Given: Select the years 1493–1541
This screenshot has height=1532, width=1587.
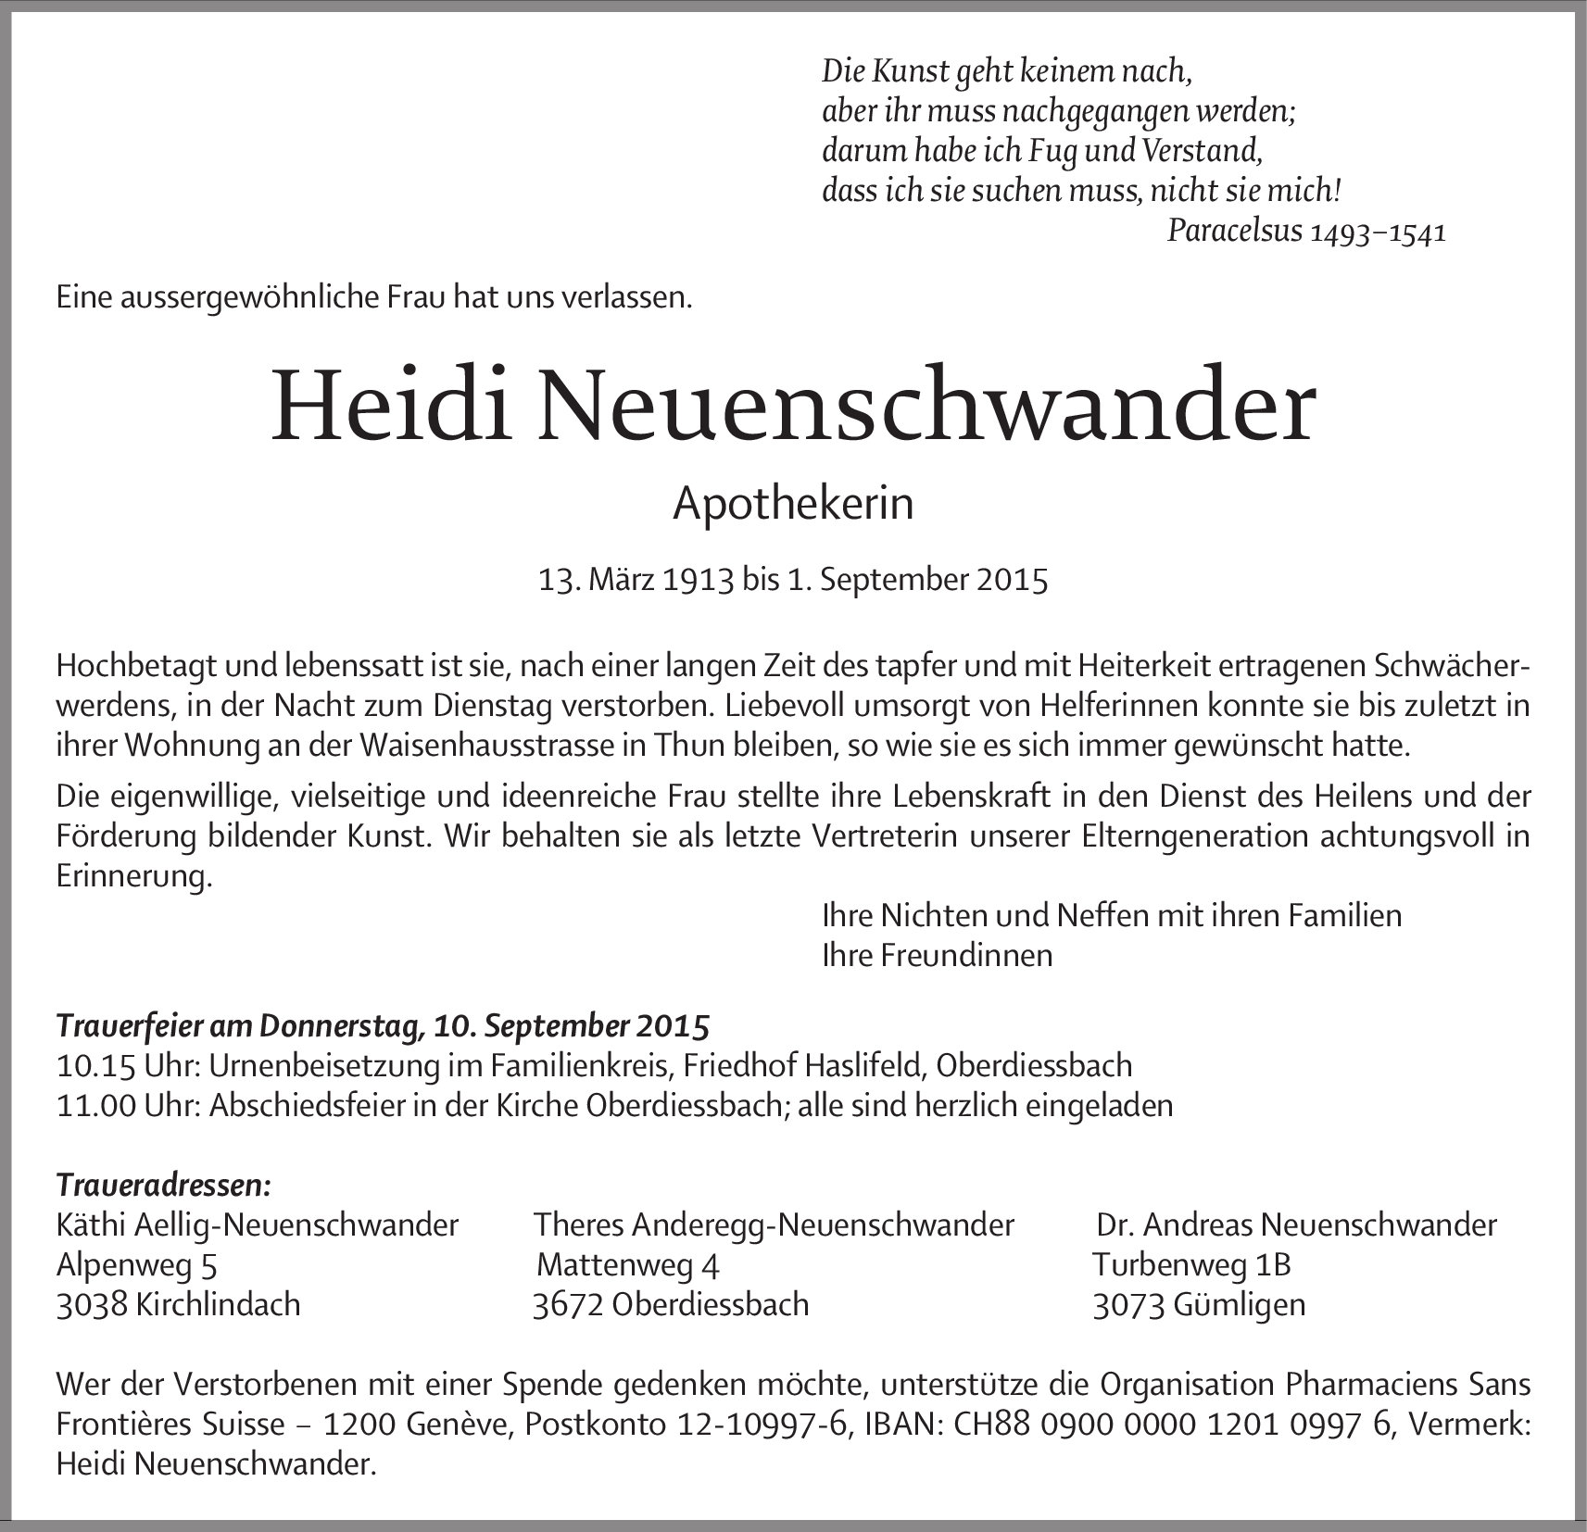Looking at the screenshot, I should pyautogui.click(x=1379, y=232).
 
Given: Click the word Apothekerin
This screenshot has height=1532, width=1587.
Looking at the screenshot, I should pyautogui.click(x=793, y=504).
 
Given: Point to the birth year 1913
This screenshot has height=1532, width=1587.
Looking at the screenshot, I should pyautogui.click(x=699, y=580).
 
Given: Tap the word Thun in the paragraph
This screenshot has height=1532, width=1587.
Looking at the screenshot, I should pyautogui.click(x=685, y=747).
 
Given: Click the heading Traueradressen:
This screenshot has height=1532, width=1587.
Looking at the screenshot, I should pyautogui.click(x=164, y=1185).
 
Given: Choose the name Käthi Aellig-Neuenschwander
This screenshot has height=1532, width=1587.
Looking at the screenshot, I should pyautogui.click(x=258, y=1224).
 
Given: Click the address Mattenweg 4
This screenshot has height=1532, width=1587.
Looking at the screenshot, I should pyautogui.click(x=628, y=1264).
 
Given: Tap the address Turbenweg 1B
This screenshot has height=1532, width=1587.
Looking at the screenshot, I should pyautogui.click(x=1191, y=1264).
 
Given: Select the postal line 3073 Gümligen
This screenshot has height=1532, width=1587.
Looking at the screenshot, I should pyautogui.click(x=1199, y=1304).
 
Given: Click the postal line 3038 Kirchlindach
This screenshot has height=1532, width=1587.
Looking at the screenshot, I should pyautogui.click(x=179, y=1304).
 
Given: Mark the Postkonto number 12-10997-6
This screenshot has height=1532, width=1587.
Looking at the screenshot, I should pyautogui.click(x=763, y=1424).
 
